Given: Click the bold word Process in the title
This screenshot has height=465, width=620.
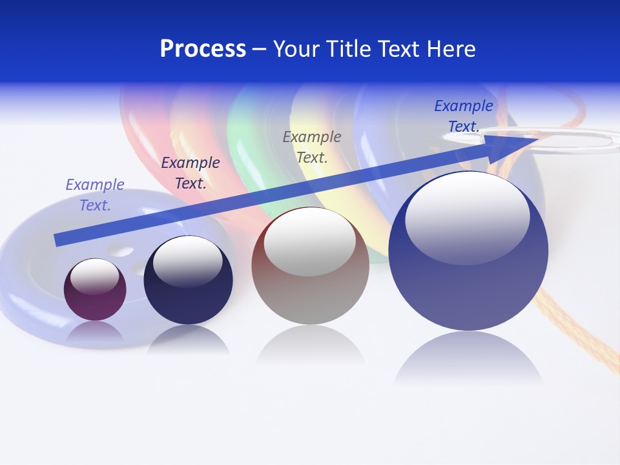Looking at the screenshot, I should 203,49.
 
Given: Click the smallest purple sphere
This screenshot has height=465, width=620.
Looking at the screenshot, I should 95,289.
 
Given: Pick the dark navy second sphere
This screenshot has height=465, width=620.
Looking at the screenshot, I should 188,280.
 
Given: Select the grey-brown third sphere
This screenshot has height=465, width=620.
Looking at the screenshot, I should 310,266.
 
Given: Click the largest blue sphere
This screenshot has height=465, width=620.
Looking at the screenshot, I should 468,251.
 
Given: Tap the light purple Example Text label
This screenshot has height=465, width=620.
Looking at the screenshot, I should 95,195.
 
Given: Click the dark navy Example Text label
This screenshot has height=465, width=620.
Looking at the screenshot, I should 191,173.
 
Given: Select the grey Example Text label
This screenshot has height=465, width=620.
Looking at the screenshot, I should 312,147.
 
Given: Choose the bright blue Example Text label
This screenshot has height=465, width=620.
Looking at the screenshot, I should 464,116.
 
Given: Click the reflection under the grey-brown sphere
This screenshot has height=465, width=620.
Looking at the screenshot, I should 310,346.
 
